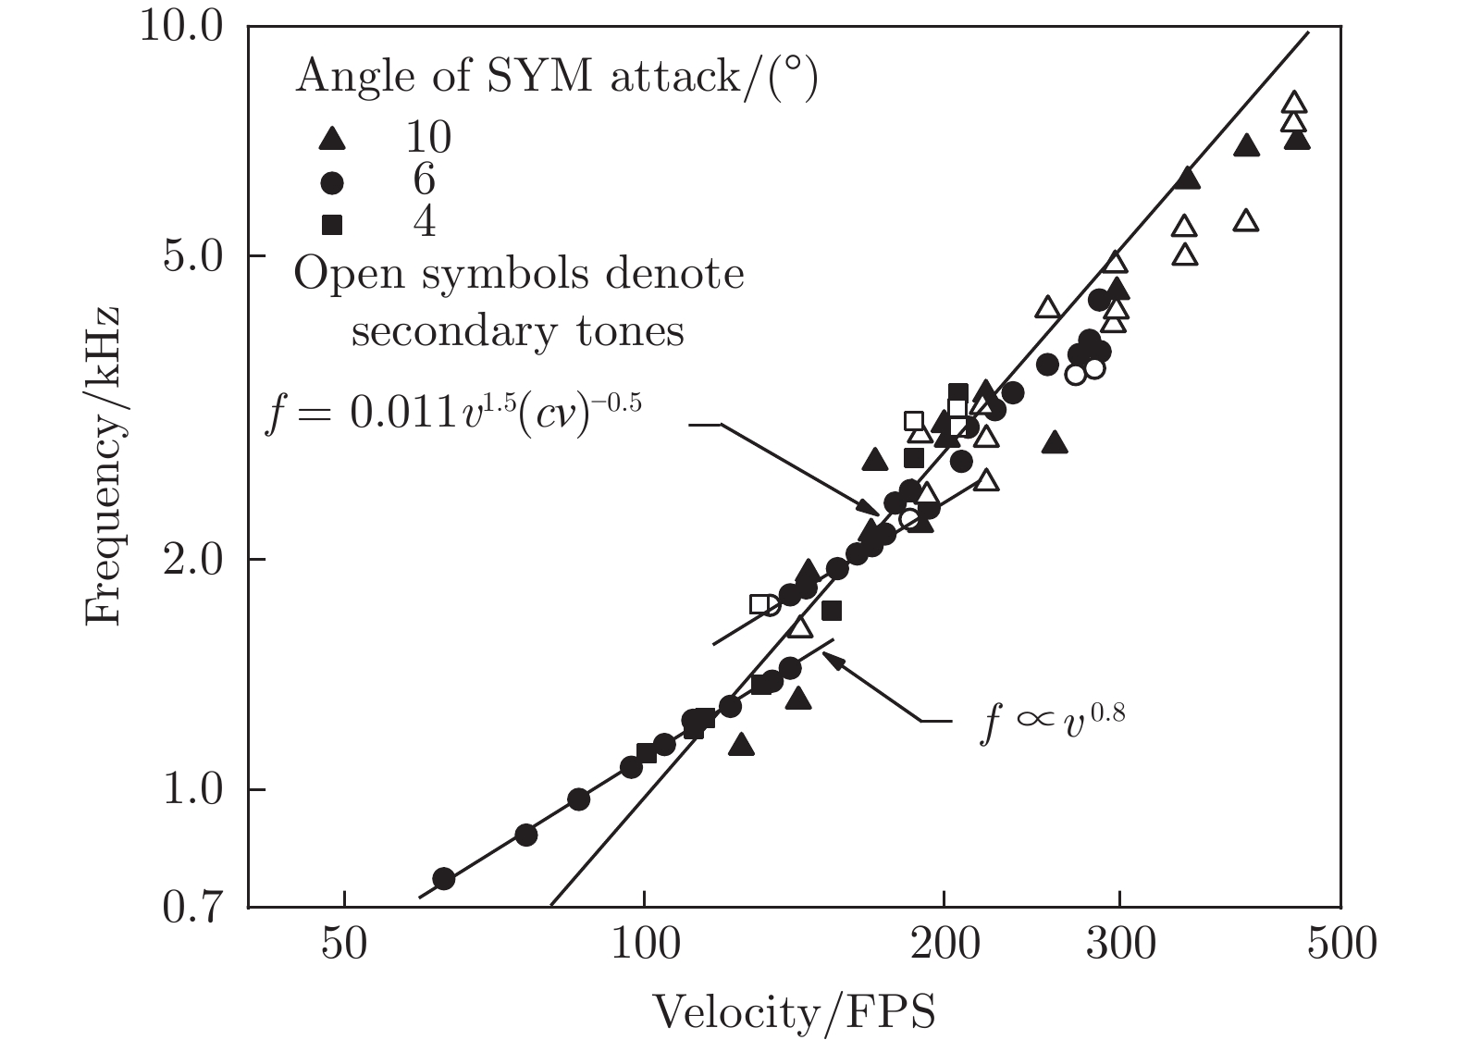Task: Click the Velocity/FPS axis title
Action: (x=794, y=1011)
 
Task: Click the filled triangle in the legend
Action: (x=331, y=140)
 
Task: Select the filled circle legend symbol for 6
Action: (x=331, y=183)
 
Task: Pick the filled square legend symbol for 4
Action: (x=331, y=224)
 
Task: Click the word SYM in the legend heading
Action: (x=538, y=78)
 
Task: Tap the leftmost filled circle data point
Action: (x=444, y=878)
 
